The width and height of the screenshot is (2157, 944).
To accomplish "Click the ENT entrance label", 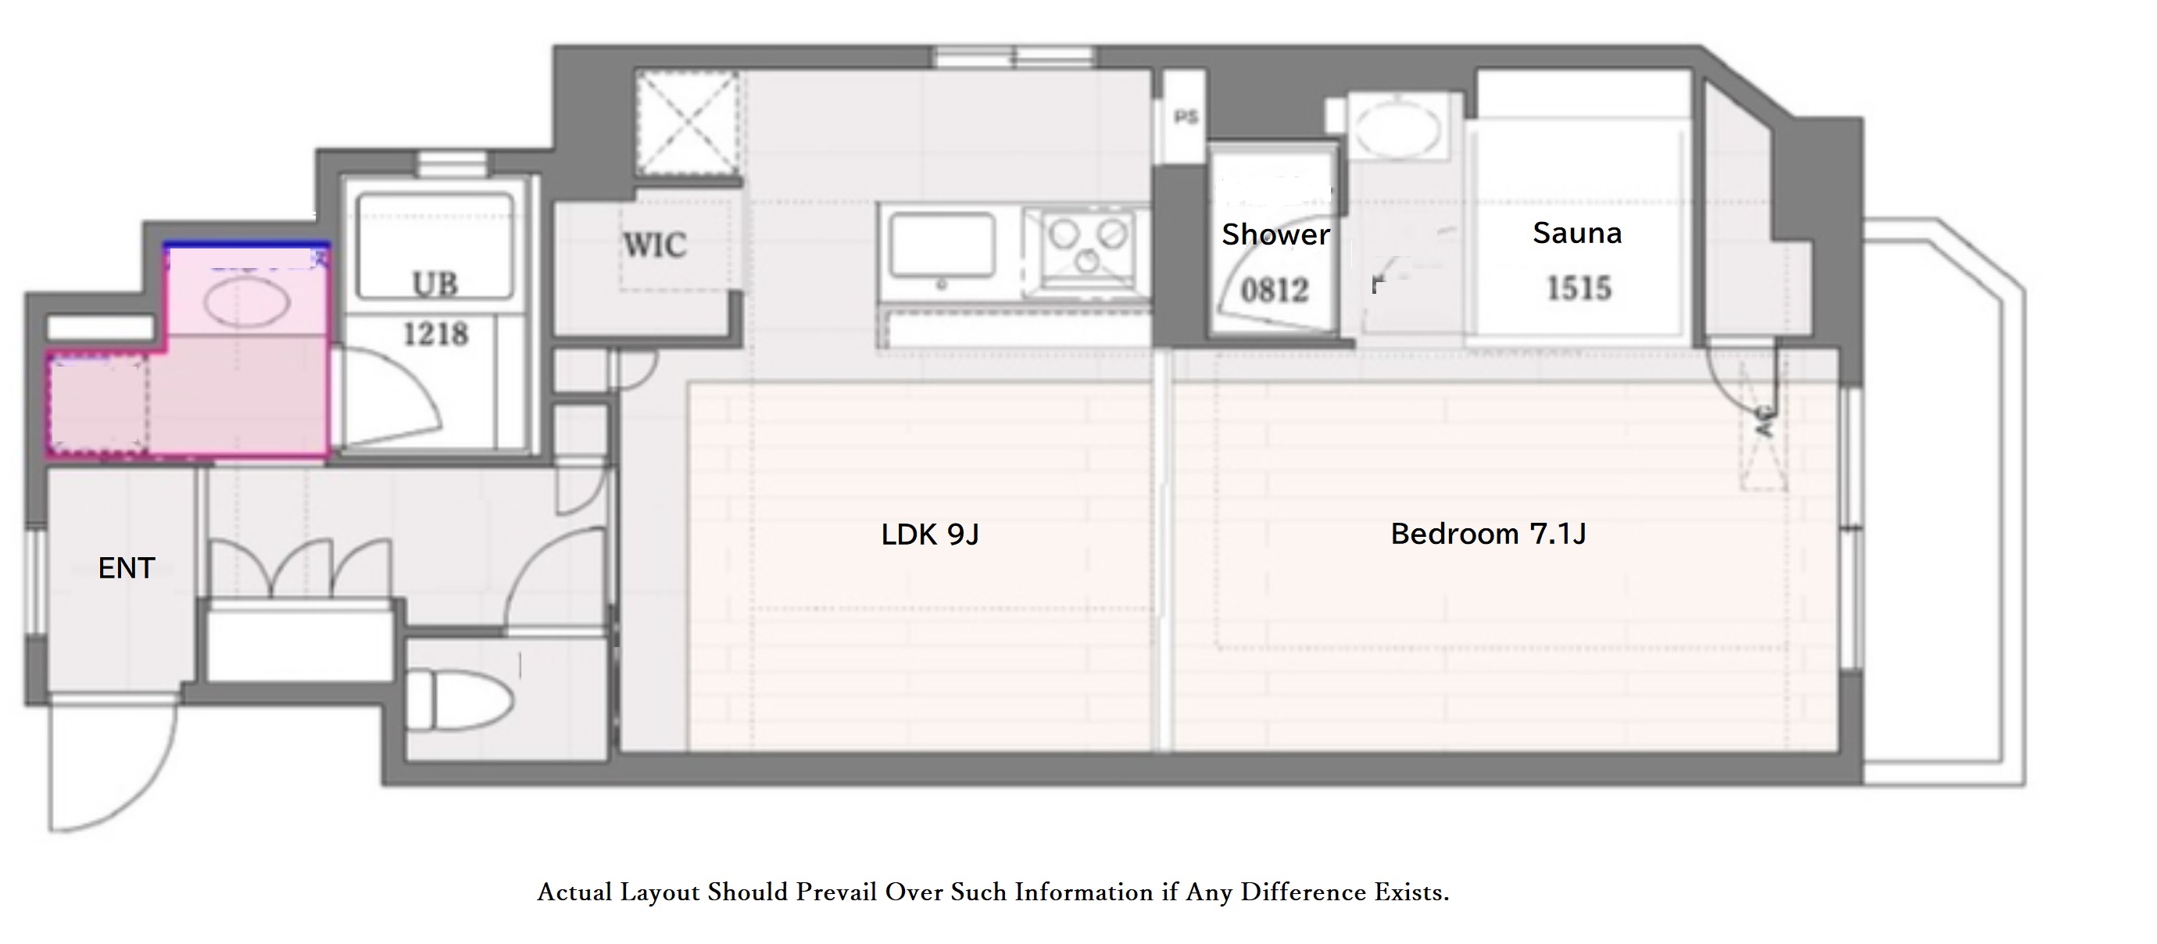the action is pos(127,569).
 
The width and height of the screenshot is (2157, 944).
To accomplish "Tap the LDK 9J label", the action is pos(929,535).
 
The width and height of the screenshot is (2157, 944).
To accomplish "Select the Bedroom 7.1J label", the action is pos(1488,534).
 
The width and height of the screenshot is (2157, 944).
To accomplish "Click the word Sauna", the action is pos(1577,233).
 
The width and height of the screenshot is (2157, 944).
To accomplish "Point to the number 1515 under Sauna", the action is pos(1579,288).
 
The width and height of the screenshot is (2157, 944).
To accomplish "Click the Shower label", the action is pos(1275,235).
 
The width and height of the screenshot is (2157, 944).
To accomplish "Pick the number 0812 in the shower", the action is pos(1275,291).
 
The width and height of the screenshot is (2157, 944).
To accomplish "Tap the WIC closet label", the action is pos(655,245).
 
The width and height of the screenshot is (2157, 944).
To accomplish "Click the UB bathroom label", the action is pos(435,284).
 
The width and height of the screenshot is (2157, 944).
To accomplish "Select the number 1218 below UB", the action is pos(435,335).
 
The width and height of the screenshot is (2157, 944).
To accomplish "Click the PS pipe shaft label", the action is pos(1186,117).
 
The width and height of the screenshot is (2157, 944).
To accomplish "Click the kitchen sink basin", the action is pos(942,245).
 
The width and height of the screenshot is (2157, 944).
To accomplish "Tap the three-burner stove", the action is pos(1086,245).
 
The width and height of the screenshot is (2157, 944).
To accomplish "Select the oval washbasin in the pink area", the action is pos(248,302).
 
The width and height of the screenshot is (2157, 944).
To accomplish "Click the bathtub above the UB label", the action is pos(435,246).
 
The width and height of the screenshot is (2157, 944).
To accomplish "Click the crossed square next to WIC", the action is pos(688,124).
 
